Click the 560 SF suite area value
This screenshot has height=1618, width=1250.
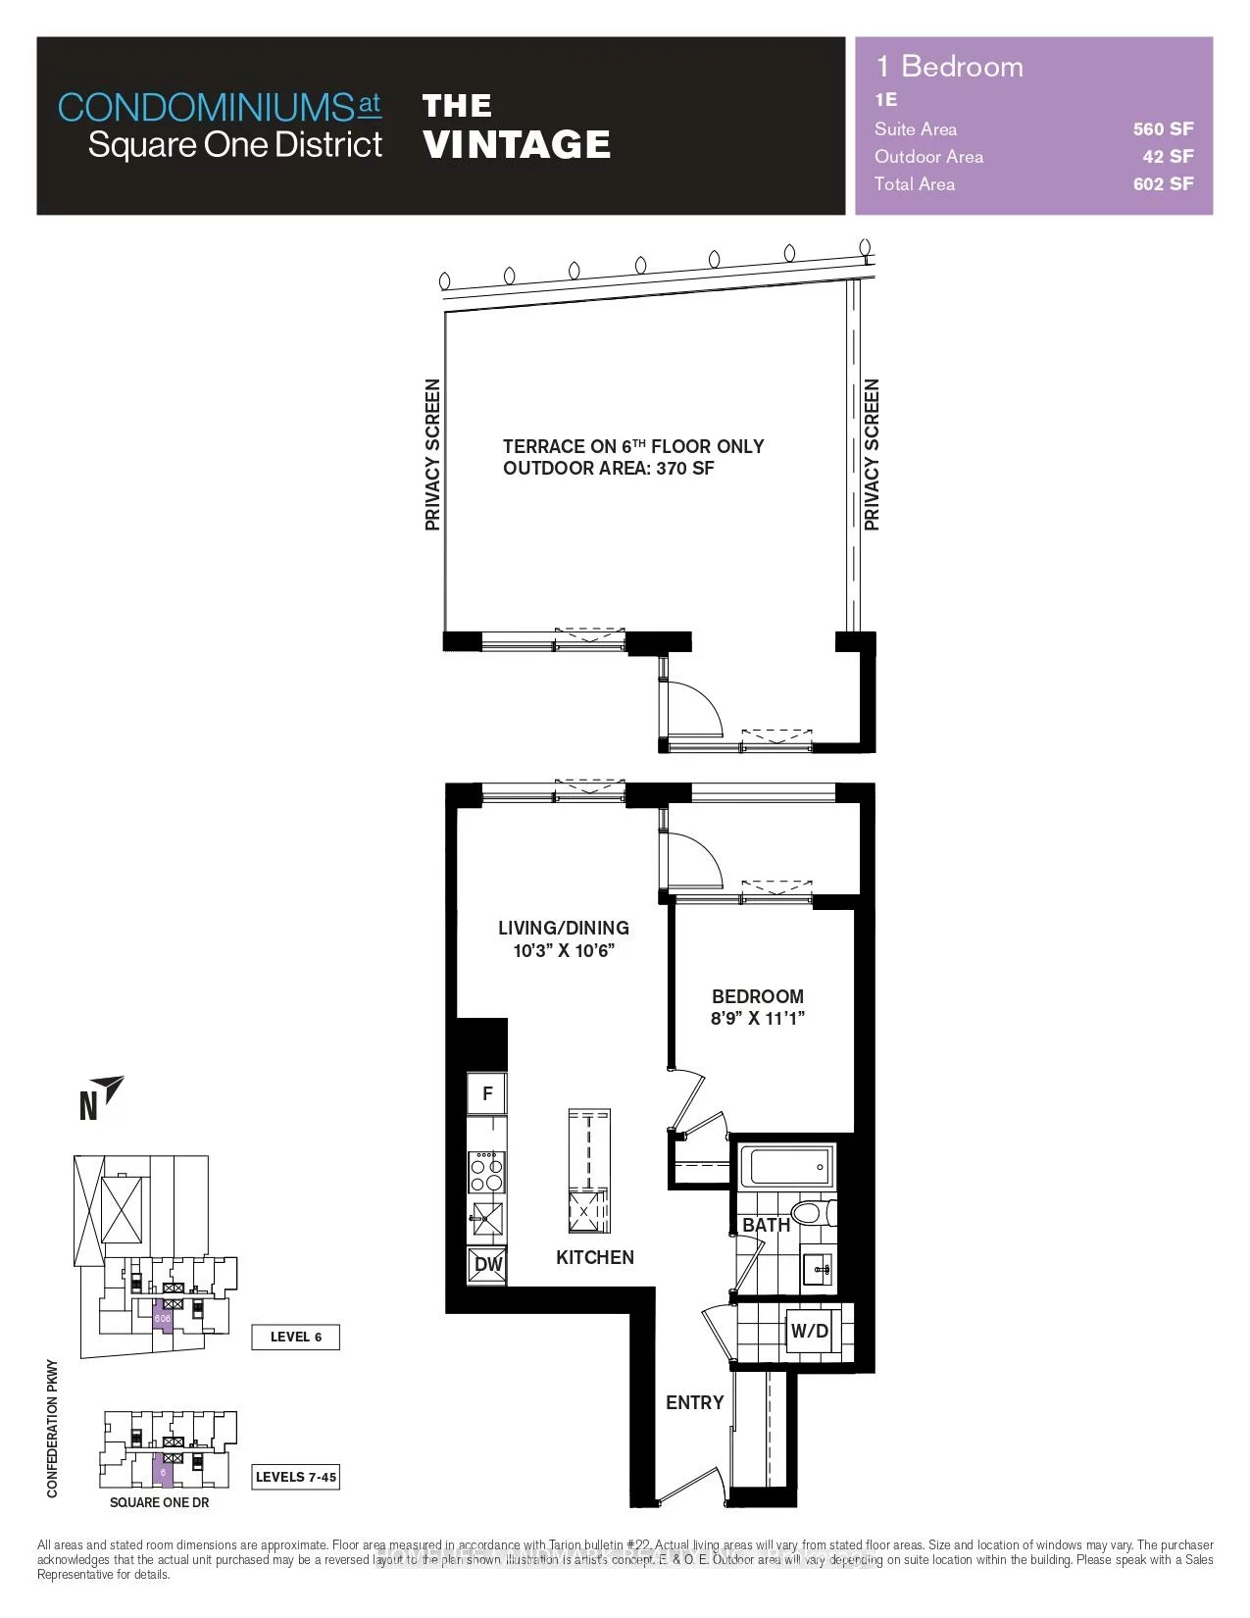coord(1163,128)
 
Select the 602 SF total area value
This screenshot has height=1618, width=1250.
coord(1163,183)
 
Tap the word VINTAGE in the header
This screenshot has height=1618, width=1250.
coord(517,145)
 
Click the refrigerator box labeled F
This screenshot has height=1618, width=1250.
coord(487,1093)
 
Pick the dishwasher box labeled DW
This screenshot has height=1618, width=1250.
coord(487,1265)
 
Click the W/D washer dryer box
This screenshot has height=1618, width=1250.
coord(810,1331)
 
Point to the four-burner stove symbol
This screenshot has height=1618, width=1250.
coord(486,1170)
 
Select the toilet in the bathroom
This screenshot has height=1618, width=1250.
coord(810,1213)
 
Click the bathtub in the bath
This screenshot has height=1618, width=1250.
coord(787,1167)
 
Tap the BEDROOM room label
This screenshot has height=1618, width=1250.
coord(758,996)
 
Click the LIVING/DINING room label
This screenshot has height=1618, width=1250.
coord(564,928)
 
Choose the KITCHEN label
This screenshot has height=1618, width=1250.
coord(595,1257)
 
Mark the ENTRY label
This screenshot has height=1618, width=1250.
coord(694,1402)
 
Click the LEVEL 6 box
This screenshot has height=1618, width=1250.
coord(295,1337)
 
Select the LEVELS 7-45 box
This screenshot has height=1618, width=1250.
coord(295,1477)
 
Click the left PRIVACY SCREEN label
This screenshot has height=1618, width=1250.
coord(432,455)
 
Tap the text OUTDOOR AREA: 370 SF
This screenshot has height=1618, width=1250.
coord(609,468)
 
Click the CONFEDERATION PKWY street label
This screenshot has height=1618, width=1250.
coord(53,1428)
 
